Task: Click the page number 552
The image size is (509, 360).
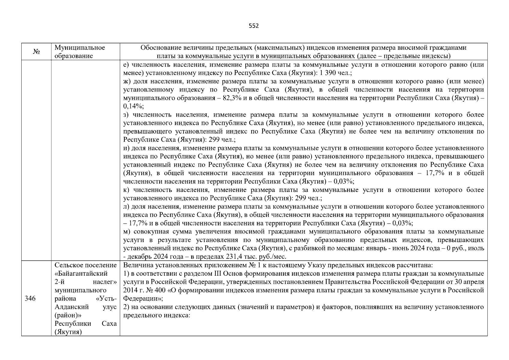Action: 254,26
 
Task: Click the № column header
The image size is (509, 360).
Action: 36,52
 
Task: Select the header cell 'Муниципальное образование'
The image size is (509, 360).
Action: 80,52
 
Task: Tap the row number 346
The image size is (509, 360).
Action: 30,298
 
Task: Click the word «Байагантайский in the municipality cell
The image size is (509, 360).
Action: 81,274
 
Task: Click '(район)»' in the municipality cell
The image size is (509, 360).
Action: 68,315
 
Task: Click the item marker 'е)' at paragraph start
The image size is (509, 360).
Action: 126,65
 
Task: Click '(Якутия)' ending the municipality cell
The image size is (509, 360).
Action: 68,332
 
